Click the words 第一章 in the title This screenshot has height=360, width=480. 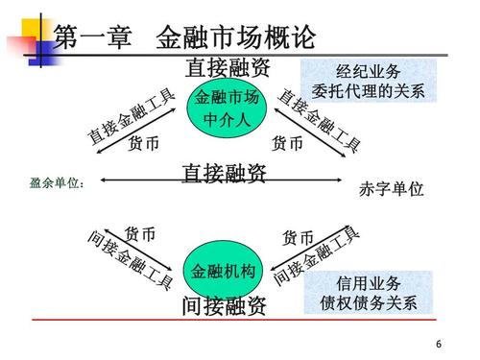point(91,39)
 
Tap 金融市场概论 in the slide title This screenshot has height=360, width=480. point(234,39)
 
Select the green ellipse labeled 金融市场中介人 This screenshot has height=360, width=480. point(227,108)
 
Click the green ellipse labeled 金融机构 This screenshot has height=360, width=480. point(224,272)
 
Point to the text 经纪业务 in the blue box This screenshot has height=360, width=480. point(369,73)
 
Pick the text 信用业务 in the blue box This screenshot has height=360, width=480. point(369,284)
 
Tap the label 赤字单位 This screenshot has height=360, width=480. point(391,189)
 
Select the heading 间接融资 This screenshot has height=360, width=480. point(224,308)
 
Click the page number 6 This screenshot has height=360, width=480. point(439,345)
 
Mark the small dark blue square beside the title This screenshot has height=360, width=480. point(40,54)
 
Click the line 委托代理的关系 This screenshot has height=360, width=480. point(369,92)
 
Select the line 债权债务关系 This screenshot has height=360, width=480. point(369,303)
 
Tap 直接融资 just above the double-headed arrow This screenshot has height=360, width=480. point(224,172)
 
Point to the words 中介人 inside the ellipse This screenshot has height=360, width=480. point(227,121)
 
